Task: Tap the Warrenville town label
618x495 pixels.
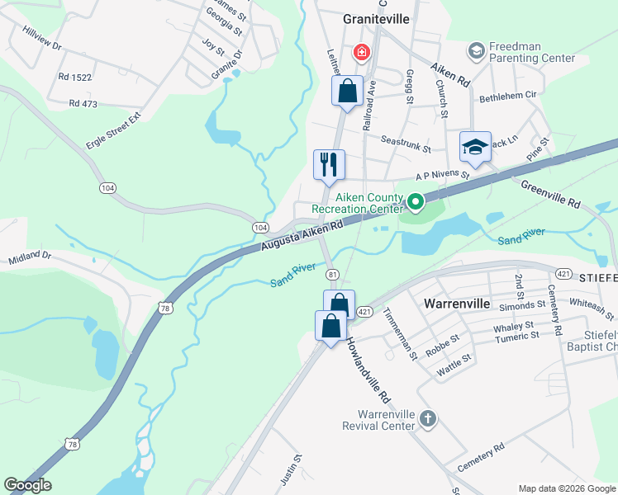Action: click(x=457, y=304)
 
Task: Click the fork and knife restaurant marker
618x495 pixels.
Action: click(x=328, y=163)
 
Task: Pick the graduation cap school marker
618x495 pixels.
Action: click(x=475, y=146)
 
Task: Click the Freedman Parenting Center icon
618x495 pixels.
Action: click(x=476, y=51)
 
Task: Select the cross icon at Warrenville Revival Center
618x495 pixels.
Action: click(x=427, y=418)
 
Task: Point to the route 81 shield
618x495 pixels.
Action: click(x=332, y=274)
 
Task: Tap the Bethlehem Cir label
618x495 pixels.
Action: click(x=508, y=97)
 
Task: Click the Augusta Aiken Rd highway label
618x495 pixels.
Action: click(x=302, y=237)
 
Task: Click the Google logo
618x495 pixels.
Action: click(x=27, y=485)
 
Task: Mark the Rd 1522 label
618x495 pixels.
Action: click(x=74, y=76)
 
